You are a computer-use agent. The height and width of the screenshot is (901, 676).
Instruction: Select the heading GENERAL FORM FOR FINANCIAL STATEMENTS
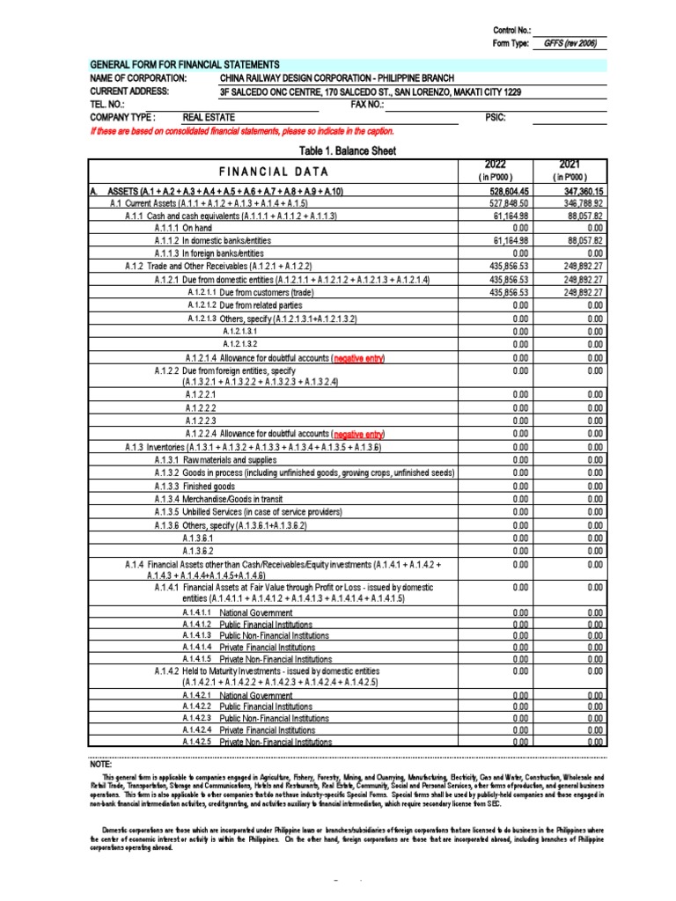point(185,65)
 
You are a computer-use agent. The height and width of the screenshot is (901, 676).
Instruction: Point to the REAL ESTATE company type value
point(205,117)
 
